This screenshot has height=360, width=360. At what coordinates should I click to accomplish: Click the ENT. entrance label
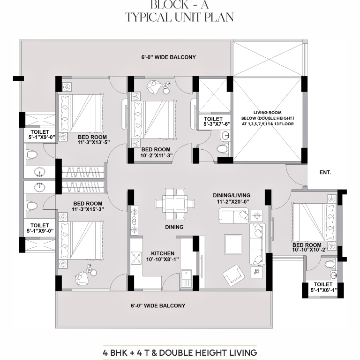coord(325,172)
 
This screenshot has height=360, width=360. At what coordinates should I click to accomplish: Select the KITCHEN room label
coord(163,253)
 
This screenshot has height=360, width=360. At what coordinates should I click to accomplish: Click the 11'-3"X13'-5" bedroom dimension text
coord(93,142)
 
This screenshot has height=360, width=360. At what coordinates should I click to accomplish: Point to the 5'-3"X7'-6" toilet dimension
coord(217,124)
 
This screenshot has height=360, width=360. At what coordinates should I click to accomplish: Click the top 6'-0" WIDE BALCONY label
coord(169,57)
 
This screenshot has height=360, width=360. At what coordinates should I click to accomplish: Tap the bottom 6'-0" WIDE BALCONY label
coord(158,306)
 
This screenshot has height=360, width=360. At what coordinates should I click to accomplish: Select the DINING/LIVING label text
coord(232,195)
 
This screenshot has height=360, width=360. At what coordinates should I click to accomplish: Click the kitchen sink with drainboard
coord(186,279)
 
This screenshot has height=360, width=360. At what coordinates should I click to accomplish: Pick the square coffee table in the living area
coord(233,244)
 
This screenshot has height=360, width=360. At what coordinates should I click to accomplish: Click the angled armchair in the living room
coord(234,275)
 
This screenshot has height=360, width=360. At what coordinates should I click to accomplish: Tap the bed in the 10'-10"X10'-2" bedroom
coord(314,222)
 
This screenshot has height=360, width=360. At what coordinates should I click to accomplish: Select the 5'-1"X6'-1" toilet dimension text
coord(324,291)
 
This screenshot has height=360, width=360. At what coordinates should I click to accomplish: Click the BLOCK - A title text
coord(180,5)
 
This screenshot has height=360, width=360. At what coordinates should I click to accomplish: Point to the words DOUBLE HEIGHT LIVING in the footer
coord(208,352)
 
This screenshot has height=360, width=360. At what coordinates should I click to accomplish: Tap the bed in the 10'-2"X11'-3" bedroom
coord(154,120)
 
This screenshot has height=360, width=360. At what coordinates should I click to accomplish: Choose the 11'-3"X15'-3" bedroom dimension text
coord(88,209)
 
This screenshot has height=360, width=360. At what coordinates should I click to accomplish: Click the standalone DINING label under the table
coord(174,227)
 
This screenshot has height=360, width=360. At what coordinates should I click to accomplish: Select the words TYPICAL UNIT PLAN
coord(180,17)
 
